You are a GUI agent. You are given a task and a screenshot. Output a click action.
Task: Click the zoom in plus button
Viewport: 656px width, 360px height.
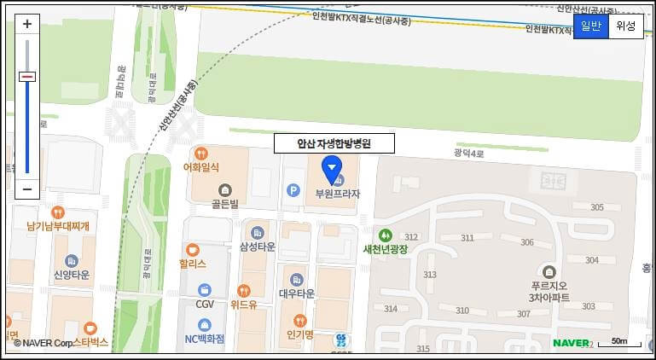point(27,25)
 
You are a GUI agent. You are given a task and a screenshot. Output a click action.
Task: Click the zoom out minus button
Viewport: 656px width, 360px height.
point(27,189)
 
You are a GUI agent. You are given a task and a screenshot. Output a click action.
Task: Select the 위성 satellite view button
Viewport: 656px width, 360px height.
point(625,26)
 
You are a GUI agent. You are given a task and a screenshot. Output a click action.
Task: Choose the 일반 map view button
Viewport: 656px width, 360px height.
point(591,26)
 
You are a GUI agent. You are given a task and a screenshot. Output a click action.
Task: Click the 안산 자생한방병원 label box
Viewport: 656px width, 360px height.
point(334,143)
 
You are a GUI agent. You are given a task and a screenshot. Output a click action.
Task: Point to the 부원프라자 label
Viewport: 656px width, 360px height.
point(338,194)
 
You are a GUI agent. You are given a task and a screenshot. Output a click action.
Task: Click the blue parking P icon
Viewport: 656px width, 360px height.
point(294,190)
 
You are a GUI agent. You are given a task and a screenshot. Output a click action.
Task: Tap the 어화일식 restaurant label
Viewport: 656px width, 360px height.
point(201,167)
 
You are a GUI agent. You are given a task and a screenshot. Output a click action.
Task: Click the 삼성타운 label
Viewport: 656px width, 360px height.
point(258,247)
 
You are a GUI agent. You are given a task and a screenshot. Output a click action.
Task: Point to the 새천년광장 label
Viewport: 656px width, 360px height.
point(386,249)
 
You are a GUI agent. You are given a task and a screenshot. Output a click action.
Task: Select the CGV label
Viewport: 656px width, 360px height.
point(205,304)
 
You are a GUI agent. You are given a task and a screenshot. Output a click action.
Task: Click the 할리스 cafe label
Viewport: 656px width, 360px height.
point(193,264)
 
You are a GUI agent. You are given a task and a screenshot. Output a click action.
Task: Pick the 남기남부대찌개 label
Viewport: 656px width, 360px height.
point(58,225)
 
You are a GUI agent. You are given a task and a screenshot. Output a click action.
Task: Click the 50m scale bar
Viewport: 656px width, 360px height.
point(619,343)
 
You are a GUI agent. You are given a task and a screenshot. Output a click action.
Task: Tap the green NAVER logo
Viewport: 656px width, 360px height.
point(571,343)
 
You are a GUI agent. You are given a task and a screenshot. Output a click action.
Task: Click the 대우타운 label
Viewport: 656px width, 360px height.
point(297,293)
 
